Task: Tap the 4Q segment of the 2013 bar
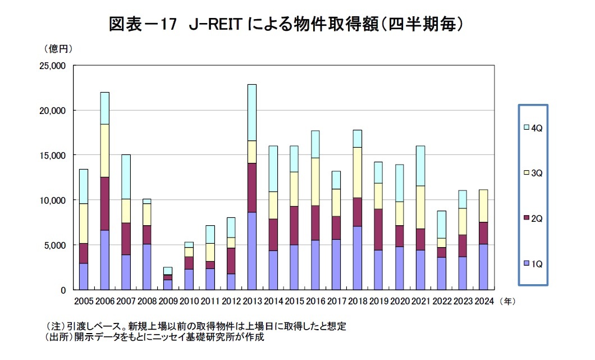(251, 112)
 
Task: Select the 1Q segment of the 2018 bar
(357, 258)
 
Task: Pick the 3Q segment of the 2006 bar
(104, 151)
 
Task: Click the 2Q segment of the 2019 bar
(378, 229)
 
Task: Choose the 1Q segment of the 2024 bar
(483, 266)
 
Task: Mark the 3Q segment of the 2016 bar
(315, 181)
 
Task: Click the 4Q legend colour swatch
(525, 129)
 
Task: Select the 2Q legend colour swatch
(525, 217)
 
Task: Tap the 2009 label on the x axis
(167, 302)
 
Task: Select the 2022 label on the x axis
(442, 302)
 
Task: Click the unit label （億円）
(58, 49)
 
